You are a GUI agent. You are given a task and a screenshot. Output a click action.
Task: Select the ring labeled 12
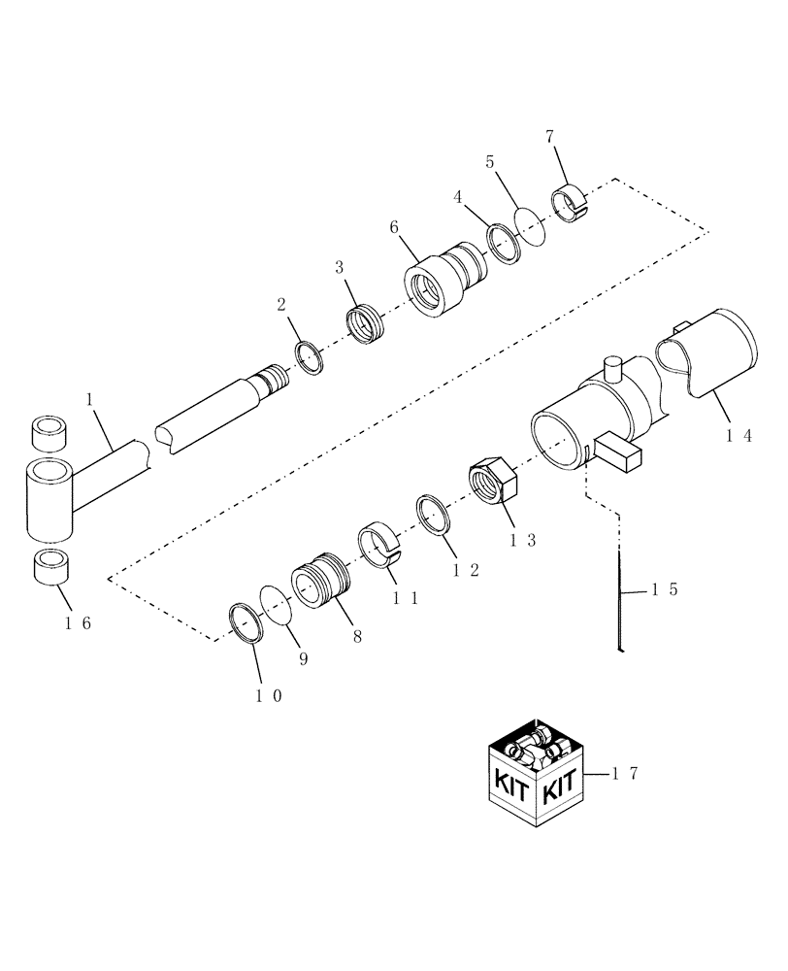(434, 514)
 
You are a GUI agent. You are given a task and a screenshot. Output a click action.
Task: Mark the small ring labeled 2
(310, 356)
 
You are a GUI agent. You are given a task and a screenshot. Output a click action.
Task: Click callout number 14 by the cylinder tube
(739, 436)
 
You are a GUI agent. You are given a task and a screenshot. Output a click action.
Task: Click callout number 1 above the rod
(90, 399)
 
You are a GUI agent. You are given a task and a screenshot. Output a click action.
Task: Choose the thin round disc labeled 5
(531, 225)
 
